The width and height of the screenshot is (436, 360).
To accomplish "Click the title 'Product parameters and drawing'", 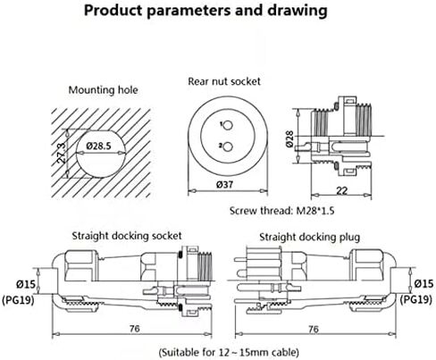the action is (205, 11).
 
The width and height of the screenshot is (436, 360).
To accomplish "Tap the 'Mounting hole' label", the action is (103, 90).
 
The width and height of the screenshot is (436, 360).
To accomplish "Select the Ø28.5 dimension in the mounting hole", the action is (98, 146).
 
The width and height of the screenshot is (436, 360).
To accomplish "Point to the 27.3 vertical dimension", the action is (61, 153).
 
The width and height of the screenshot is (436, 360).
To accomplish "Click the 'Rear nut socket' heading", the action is (224, 81).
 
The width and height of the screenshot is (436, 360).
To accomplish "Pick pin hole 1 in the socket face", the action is (228, 126).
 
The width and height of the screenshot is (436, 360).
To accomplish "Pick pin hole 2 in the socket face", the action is (228, 147).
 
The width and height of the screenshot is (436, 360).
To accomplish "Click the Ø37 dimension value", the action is (225, 185).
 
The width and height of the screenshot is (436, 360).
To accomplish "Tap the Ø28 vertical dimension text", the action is (289, 139).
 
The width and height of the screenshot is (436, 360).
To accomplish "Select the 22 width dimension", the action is (341, 190).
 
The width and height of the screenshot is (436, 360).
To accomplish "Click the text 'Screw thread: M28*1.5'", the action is (281, 211).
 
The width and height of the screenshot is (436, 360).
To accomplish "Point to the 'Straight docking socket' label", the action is (127, 236).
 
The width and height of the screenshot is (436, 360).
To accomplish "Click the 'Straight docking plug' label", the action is (309, 238).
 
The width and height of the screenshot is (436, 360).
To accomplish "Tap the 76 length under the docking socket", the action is (134, 329).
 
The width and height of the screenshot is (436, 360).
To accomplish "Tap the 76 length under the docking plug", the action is (314, 329).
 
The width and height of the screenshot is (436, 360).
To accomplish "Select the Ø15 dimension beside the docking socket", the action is (25, 284).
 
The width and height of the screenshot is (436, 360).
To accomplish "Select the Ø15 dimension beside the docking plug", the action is (423, 283).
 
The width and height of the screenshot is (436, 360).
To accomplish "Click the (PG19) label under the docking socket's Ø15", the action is (18, 299).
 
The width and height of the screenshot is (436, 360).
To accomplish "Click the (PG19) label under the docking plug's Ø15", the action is (415, 299).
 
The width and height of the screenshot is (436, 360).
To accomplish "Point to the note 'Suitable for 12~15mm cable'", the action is (229, 353).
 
